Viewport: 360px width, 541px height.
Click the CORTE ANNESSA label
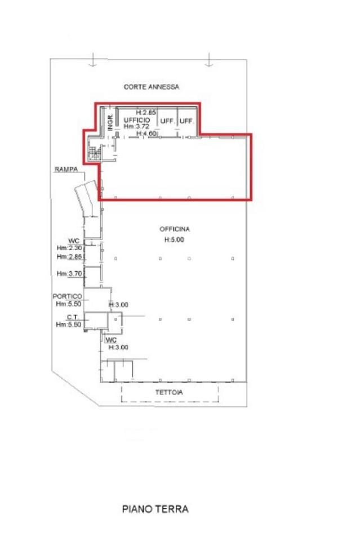point(152,87)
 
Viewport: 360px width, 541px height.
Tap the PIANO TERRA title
point(155,509)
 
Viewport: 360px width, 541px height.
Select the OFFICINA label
point(175,229)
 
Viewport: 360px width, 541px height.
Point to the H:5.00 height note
point(174,240)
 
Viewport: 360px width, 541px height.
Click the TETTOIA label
point(169,392)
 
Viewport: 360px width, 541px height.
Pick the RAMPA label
point(66,170)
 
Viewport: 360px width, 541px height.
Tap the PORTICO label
point(68,296)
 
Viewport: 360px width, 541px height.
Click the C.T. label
point(72,317)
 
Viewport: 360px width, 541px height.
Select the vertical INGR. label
point(110,122)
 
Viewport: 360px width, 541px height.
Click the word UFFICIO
point(137,119)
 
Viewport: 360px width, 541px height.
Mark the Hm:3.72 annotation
point(136,126)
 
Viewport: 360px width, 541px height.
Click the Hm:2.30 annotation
point(69,248)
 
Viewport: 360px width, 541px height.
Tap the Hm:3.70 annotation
point(69,274)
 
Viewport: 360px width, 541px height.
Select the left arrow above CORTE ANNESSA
point(93,60)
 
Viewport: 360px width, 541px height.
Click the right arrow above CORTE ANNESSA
point(208,60)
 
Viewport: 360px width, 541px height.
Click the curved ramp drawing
point(86,198)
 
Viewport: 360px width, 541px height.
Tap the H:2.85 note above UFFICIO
point(146,112)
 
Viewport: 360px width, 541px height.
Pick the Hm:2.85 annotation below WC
point(69,257)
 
